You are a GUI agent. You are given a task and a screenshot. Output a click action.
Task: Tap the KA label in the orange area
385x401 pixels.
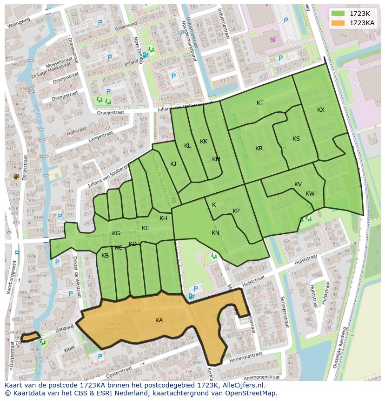click(x=159, y=320)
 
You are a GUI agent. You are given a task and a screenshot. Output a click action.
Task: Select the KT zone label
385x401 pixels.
click(x=260, y=103)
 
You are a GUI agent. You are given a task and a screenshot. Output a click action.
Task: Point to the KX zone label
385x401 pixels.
click(x=321, y=110)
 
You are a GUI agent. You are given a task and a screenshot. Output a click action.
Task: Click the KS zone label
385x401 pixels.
click(x=296, y=139)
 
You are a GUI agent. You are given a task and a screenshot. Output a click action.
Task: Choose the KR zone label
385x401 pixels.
click(x=259, y=149)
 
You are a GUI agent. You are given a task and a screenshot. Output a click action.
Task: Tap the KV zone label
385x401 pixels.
click(x=298, y=184)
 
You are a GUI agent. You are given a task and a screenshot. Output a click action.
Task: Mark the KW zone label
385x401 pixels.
click(x=310, y=194)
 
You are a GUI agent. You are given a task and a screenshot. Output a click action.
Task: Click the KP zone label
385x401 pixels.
click(x=236, y=211)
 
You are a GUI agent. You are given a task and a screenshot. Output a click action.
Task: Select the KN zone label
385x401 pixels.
click(x=215, y=233)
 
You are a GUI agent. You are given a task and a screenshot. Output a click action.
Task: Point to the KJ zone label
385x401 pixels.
click(x=173, y=163)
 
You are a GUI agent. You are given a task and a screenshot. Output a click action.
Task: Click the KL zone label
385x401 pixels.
click(x=187, y=146)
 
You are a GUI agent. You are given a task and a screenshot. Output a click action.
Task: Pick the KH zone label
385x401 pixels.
click(x=163, y=218)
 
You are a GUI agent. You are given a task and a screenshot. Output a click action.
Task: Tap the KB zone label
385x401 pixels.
click(x=105, y=256)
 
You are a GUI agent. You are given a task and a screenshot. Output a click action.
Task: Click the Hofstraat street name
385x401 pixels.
click(x=76, y=133)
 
